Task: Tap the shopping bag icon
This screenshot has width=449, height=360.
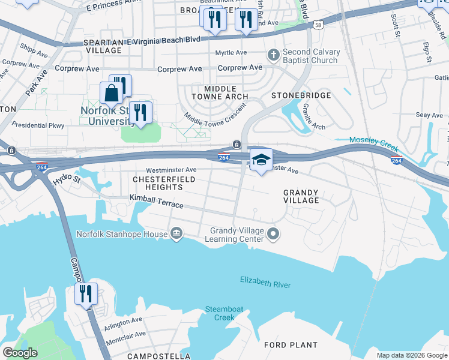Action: pos(112,94)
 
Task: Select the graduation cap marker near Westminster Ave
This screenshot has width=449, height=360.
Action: pos(261,160)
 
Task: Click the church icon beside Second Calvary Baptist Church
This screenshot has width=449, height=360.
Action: pos(273,56)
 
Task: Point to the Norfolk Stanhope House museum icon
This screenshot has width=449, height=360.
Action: pos(176,233)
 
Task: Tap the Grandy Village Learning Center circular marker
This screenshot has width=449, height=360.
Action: pos(274,233)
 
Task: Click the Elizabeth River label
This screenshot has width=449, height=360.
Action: pos(264,282)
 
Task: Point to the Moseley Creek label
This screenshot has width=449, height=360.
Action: pos(374,140)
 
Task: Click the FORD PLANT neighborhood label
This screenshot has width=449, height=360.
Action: pos(291,345)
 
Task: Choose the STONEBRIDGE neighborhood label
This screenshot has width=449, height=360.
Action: pos(301,95)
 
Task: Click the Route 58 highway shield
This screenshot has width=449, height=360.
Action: pos(317,25)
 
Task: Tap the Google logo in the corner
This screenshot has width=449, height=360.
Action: pos(20,353)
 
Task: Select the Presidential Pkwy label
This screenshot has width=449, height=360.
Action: pos(41,125)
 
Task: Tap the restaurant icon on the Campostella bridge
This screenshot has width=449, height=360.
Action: pos(86,293)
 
